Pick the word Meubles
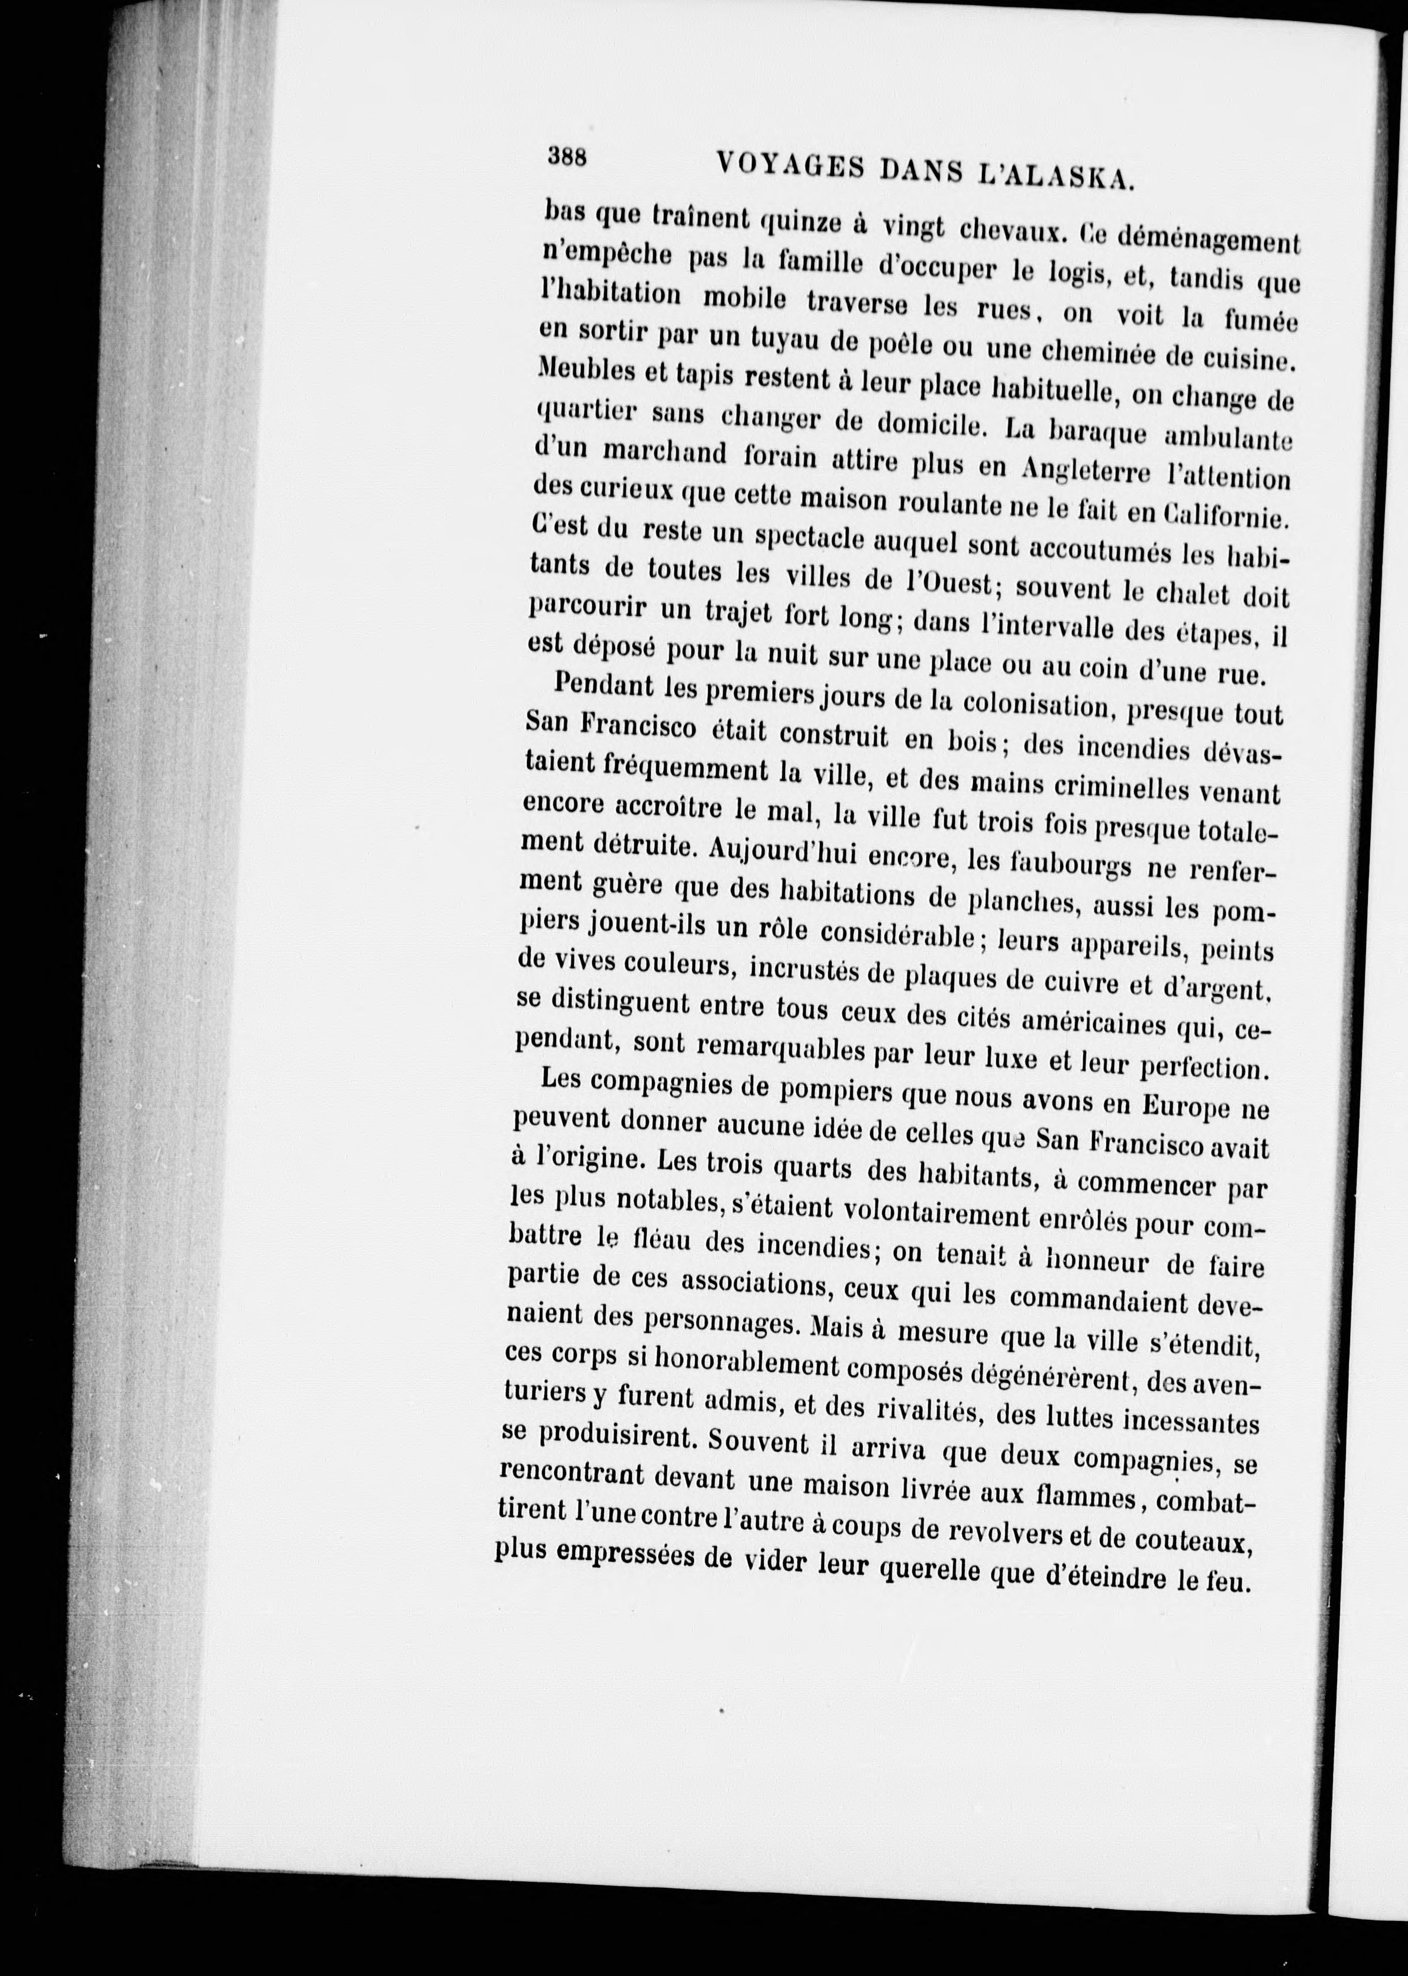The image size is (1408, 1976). tap(588, 372)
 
